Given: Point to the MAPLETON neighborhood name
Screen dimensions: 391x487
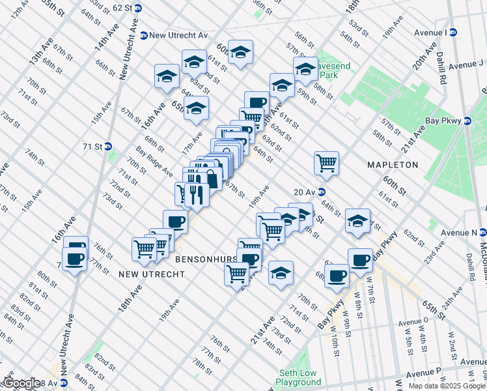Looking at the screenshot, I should click(x=392, y=165).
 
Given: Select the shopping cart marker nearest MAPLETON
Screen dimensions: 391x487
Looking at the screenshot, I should click(x=326, y=162).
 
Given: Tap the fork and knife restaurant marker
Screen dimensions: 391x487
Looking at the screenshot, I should click(x=197, y=194).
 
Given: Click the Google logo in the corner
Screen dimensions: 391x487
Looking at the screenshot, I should click(x=21, y=383).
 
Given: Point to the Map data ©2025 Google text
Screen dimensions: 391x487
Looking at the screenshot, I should click(x=447, y=386).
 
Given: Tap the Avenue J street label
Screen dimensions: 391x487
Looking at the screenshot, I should click(x=459, y=65).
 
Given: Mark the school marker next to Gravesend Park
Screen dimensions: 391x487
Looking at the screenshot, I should click(x=305, y=68).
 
